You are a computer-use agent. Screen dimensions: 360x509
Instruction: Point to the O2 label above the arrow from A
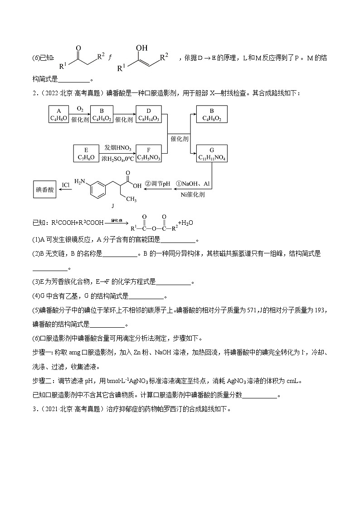pyautogui.click(x=80, y=109)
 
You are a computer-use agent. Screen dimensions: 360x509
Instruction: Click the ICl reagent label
pyautogui.click(x=66, y=185)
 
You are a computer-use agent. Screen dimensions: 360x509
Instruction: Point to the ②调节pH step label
pyautogui.click(x=156, y=184)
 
